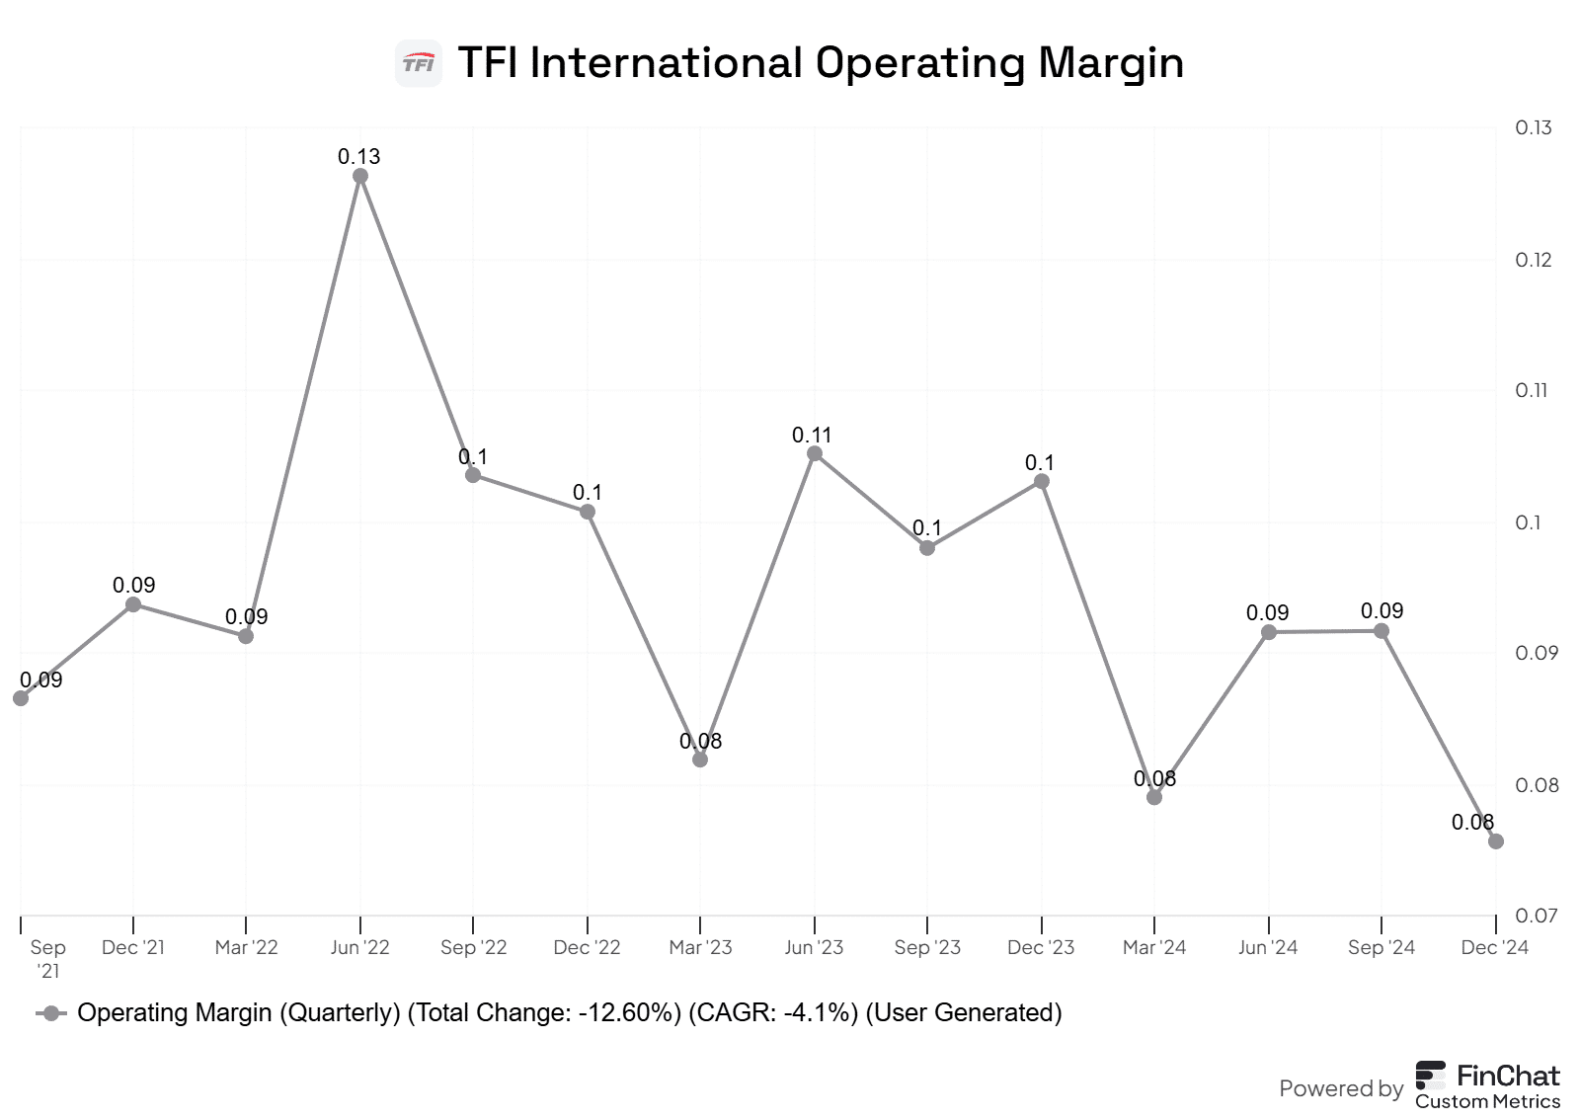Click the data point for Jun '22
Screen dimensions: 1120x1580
(x=360, y=176)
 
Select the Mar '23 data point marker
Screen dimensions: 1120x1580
(x=700, y=760)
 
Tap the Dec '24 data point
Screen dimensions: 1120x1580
(x=1496, y=841)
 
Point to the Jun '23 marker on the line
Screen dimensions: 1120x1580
(x=815, y=453)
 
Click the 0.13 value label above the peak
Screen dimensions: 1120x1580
(x=358, y=156)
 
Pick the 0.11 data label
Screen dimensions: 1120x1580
(x=812, y=435)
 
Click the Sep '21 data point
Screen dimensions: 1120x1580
(x=21, y=698)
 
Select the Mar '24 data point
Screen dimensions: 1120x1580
(x=1154, y=797)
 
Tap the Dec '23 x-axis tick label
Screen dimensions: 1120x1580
(x=1041, y=947)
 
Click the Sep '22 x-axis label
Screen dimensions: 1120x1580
(x=473, y=947)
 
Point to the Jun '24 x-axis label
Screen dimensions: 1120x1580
(x=1268, y=947)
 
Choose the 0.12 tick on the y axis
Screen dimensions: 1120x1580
(x=1533, y=260)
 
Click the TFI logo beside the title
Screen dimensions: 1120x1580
(x=418, y=64)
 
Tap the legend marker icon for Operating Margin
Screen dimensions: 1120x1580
(x=51, y=1013)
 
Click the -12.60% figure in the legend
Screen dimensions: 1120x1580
(x=630, y=1013)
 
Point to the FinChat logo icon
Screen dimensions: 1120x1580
(x=1431, y=1075)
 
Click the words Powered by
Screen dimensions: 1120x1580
(x=1340, y=1088)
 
